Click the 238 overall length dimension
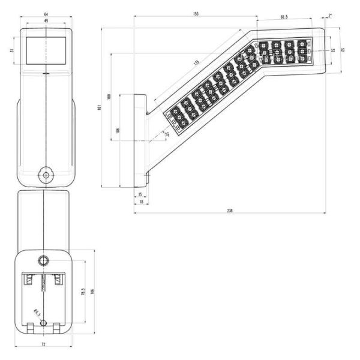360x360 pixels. point(230,211)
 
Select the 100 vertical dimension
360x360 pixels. point(109,96)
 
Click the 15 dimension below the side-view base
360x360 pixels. point(140,195)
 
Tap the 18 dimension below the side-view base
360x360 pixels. point(141,203)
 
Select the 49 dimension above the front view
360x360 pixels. point(46,20)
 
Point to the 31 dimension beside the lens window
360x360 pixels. point(14,50)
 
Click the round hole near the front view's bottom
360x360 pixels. point(45,174)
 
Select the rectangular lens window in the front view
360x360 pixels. point(46,50)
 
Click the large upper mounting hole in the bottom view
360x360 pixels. point(43,260)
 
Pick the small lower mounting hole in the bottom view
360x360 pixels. point(43,323)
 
